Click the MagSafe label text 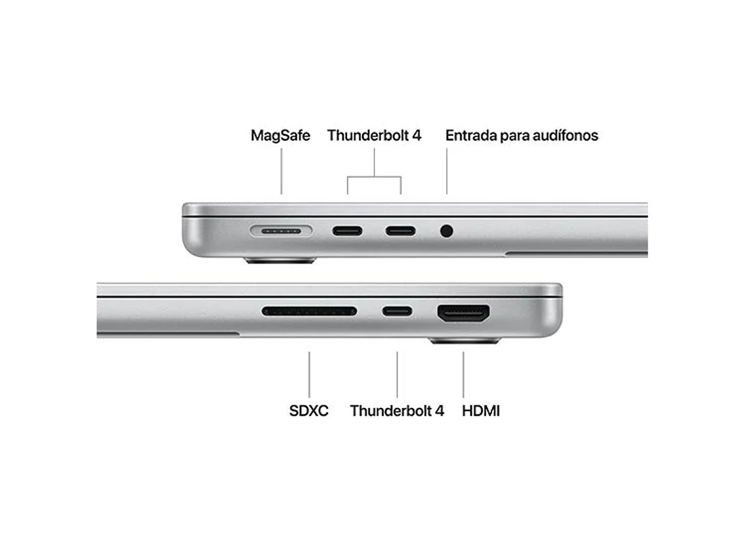280,135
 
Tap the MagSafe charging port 281,231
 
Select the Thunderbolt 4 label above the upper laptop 374,135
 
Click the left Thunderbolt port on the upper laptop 348,231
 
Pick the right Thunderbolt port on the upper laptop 401,231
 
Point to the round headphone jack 447,231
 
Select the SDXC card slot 309,311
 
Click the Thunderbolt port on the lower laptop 397,311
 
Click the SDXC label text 308,411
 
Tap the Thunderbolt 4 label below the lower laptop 397,411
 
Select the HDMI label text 480,411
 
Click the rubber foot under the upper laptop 280,261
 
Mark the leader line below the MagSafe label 282,171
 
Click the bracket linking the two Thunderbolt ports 374,177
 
